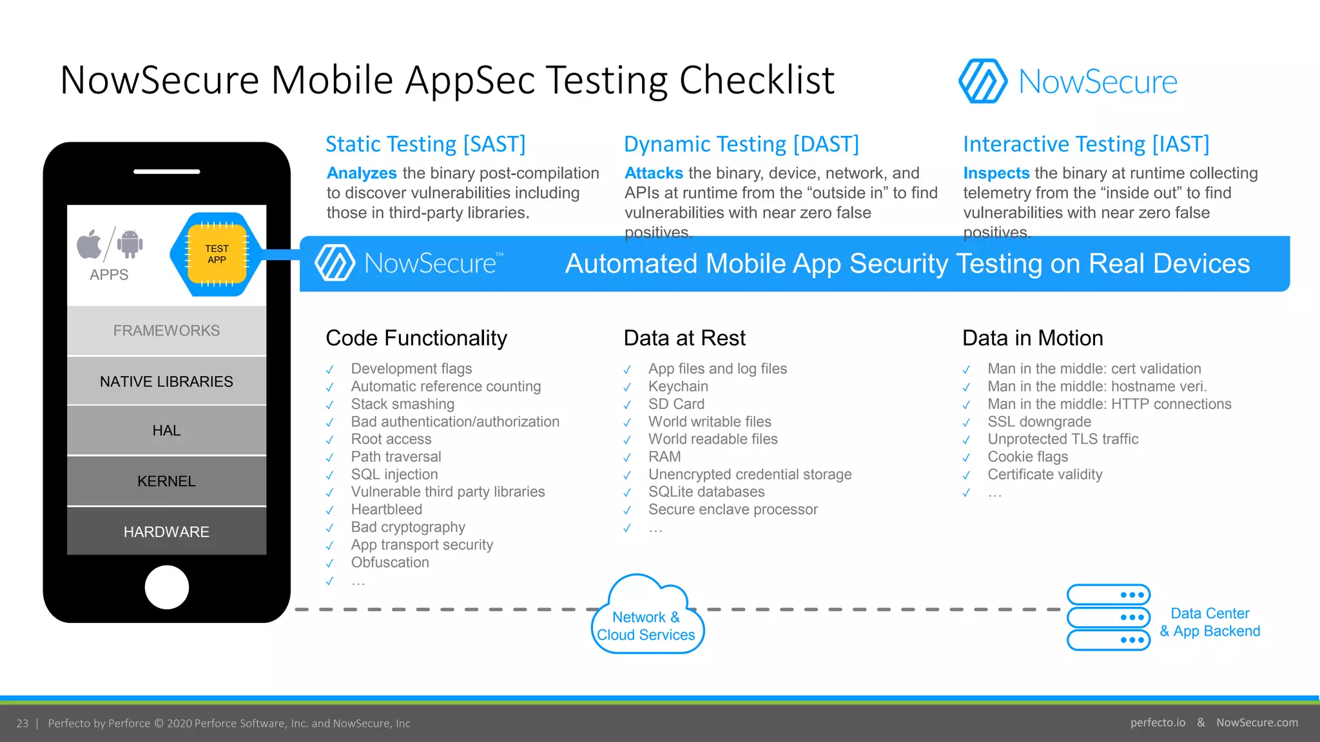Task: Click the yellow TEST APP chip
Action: pyautogui.click(x=217, y=254)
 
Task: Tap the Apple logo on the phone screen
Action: pyautogui.click(x=90, y=244)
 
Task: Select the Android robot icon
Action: pyautogui.click(x=130, y=244)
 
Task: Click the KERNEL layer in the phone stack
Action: pyautogui.click(x=166, y=481)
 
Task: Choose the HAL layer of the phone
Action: pyautogui.click(x=166, y=430)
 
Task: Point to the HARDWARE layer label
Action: pyautogui.click(x=166, y=532)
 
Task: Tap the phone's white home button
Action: pyautogui.click(x=166, y=587)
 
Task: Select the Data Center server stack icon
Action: pyautogui.click(x=1108, y=617)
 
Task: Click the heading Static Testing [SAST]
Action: pyautogui.click(x=425, y=144)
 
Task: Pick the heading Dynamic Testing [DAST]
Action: pyautogui.click(x=741, y=144)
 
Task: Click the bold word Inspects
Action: pyautogui.click(x=996, y=173)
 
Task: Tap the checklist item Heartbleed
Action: pyautogui.click(x=387, y=509)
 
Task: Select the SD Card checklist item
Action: pyautogui.click(x=676, y=404)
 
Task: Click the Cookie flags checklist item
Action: pyautogui.click(x=1027, y=457)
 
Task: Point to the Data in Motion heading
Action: pyautogui.click(x=1033, y=338)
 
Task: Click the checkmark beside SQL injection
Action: pyautogui.click(x=329, y=475)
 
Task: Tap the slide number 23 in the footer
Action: pyautogui.click(x=23, y=723)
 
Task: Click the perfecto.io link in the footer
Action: pyautogui.click(x=1158, y=723)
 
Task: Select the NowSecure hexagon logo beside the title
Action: pyautogui.click(x=982, y=81)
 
